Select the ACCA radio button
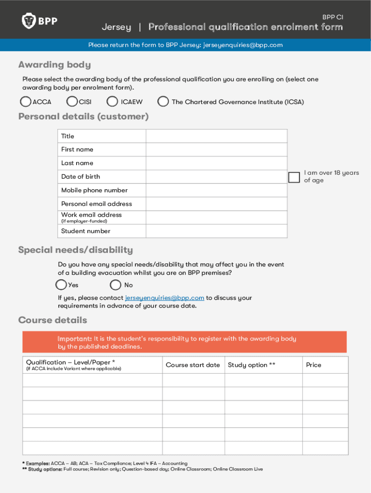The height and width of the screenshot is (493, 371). pyautogui.click(x=26, y=102)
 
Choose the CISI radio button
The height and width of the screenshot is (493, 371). pyautogui.click(x=72, y=102)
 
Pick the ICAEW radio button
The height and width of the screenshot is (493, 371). pyautogui.click(x=112, y=102)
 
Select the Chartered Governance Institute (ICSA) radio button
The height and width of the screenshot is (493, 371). pyautogui.click(x=163, y=102)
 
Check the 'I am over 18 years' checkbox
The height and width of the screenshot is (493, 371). pyautogui.click(x=294, y=177)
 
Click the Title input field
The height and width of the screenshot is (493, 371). pyautogui.click(x=216, y=136)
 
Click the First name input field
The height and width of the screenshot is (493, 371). pyautogui.click(x=216, y=150)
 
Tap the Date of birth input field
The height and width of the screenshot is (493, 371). pyautogui.click(x=216, y=177)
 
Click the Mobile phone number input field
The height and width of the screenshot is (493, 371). pyautogui.click(x=216, y=190)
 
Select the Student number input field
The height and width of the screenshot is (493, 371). pyautogui.click(x=216, y=231)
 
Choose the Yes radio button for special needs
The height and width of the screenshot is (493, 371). pyautogui.click(x=61, y=285)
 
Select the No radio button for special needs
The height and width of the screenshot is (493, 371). pyautogui.click(x=116, y=285)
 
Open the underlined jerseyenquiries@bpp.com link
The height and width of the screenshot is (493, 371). pyautogui.click(x=164, y=298)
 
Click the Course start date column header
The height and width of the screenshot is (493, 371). pyautogui.click(x=193, y=365)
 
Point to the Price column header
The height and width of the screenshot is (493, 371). pyautogui.click(x=314, y=365)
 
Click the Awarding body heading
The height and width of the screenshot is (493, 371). pyautogui.click(x=54, y=65)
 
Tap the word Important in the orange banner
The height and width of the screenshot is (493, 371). pyautogui.click(x=75, y=339)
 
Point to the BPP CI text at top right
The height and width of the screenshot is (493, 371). pyautogui.click(x=332, y=17)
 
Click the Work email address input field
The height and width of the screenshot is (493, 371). pyautogui.click(x=216, y=218)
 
